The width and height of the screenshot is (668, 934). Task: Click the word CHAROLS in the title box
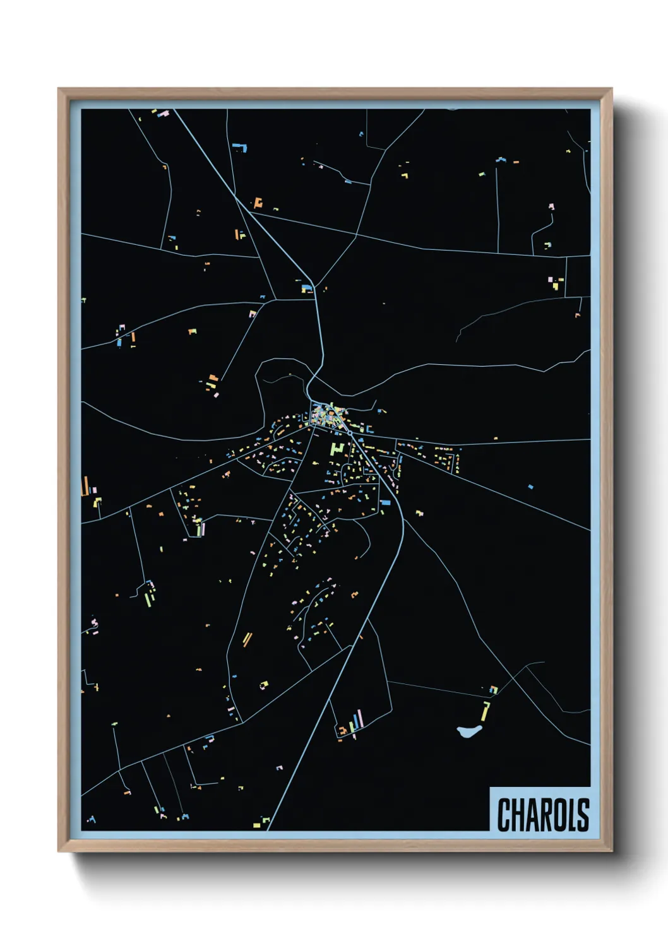tap(543, 815)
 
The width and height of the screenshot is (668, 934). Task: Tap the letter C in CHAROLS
tap(504, 815)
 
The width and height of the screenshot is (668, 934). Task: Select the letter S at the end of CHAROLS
tap(583, 815)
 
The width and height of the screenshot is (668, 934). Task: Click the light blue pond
tap(468, 731)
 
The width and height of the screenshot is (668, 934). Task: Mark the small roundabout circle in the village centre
tap(350, 434)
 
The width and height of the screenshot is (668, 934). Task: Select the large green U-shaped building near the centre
tap(337, 449)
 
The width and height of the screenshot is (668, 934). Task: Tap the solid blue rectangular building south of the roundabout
tap(385, 503)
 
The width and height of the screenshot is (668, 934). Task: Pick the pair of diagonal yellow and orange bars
tap(247, 639)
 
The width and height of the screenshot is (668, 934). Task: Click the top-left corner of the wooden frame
tap(59, 89)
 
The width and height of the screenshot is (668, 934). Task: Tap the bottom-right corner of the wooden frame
tap(611, 851)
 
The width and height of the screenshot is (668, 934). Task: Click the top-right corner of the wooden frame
tap(611, 89)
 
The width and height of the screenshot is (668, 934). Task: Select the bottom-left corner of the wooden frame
tap(59, 851)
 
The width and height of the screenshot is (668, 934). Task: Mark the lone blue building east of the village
tap(530, 487)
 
